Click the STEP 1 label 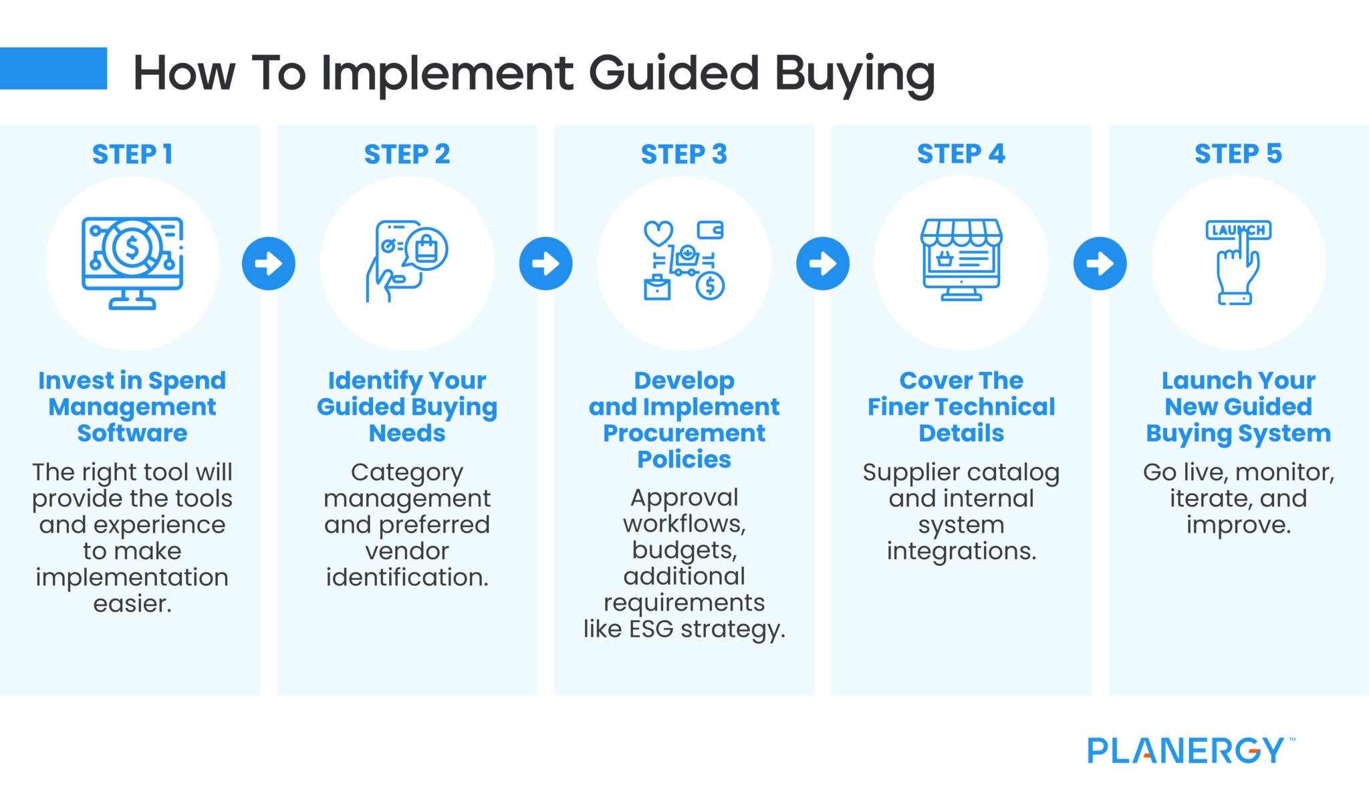click(132, 155)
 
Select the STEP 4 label click(961, 155)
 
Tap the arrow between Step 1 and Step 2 click(269, 264)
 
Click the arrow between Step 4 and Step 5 click(1100, 264)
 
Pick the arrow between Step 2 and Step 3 click(545, 264)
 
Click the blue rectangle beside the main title click(53, 68)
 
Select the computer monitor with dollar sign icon click(132, 262)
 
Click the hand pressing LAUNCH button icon click(1238, 262)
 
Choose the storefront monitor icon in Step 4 click(961, 260)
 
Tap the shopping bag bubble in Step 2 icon click(426, 249)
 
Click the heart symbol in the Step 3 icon click(658, 233)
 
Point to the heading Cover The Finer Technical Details click(961, 407)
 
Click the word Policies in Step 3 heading click(684, 460)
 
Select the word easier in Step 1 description click(132, 604)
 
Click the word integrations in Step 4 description click(961, 552)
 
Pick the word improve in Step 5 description click(1238, 526)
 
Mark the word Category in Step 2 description click(407, 473)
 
